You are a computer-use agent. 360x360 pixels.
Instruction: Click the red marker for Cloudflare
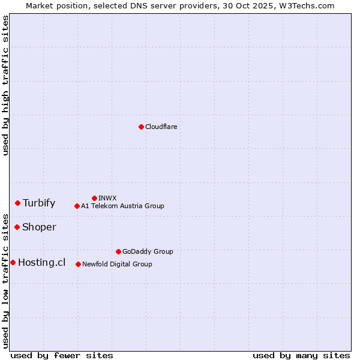[141, 127]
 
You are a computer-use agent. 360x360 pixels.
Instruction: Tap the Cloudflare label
[161, 127]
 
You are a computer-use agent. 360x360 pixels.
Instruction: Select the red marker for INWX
[94, 198]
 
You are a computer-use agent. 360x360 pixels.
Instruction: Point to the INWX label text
[107, 198]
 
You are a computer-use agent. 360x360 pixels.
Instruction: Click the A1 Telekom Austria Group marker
[77, 206]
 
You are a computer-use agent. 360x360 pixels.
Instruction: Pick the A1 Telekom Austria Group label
[122, 206]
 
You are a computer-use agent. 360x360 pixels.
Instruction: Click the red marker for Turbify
[18, 203]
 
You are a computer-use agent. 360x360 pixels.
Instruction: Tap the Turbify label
[39, 203]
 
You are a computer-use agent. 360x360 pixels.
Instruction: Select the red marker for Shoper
[17, 227]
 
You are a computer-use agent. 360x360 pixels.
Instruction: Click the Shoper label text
[39, 227]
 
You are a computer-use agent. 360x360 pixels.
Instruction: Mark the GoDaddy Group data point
[118, 251]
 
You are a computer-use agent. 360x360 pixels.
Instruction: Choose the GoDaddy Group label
[148, 251]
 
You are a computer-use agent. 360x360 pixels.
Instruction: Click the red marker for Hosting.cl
[13, 262]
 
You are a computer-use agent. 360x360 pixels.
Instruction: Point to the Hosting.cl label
[41, 262]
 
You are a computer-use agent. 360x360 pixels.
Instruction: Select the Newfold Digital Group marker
[78, 264]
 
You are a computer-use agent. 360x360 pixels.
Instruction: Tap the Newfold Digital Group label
[117, 264]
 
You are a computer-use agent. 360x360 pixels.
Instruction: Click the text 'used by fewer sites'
[62, 355]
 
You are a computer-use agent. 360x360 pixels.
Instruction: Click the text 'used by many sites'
[301, 355]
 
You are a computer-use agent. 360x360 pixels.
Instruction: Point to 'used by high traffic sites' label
[5, 86]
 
